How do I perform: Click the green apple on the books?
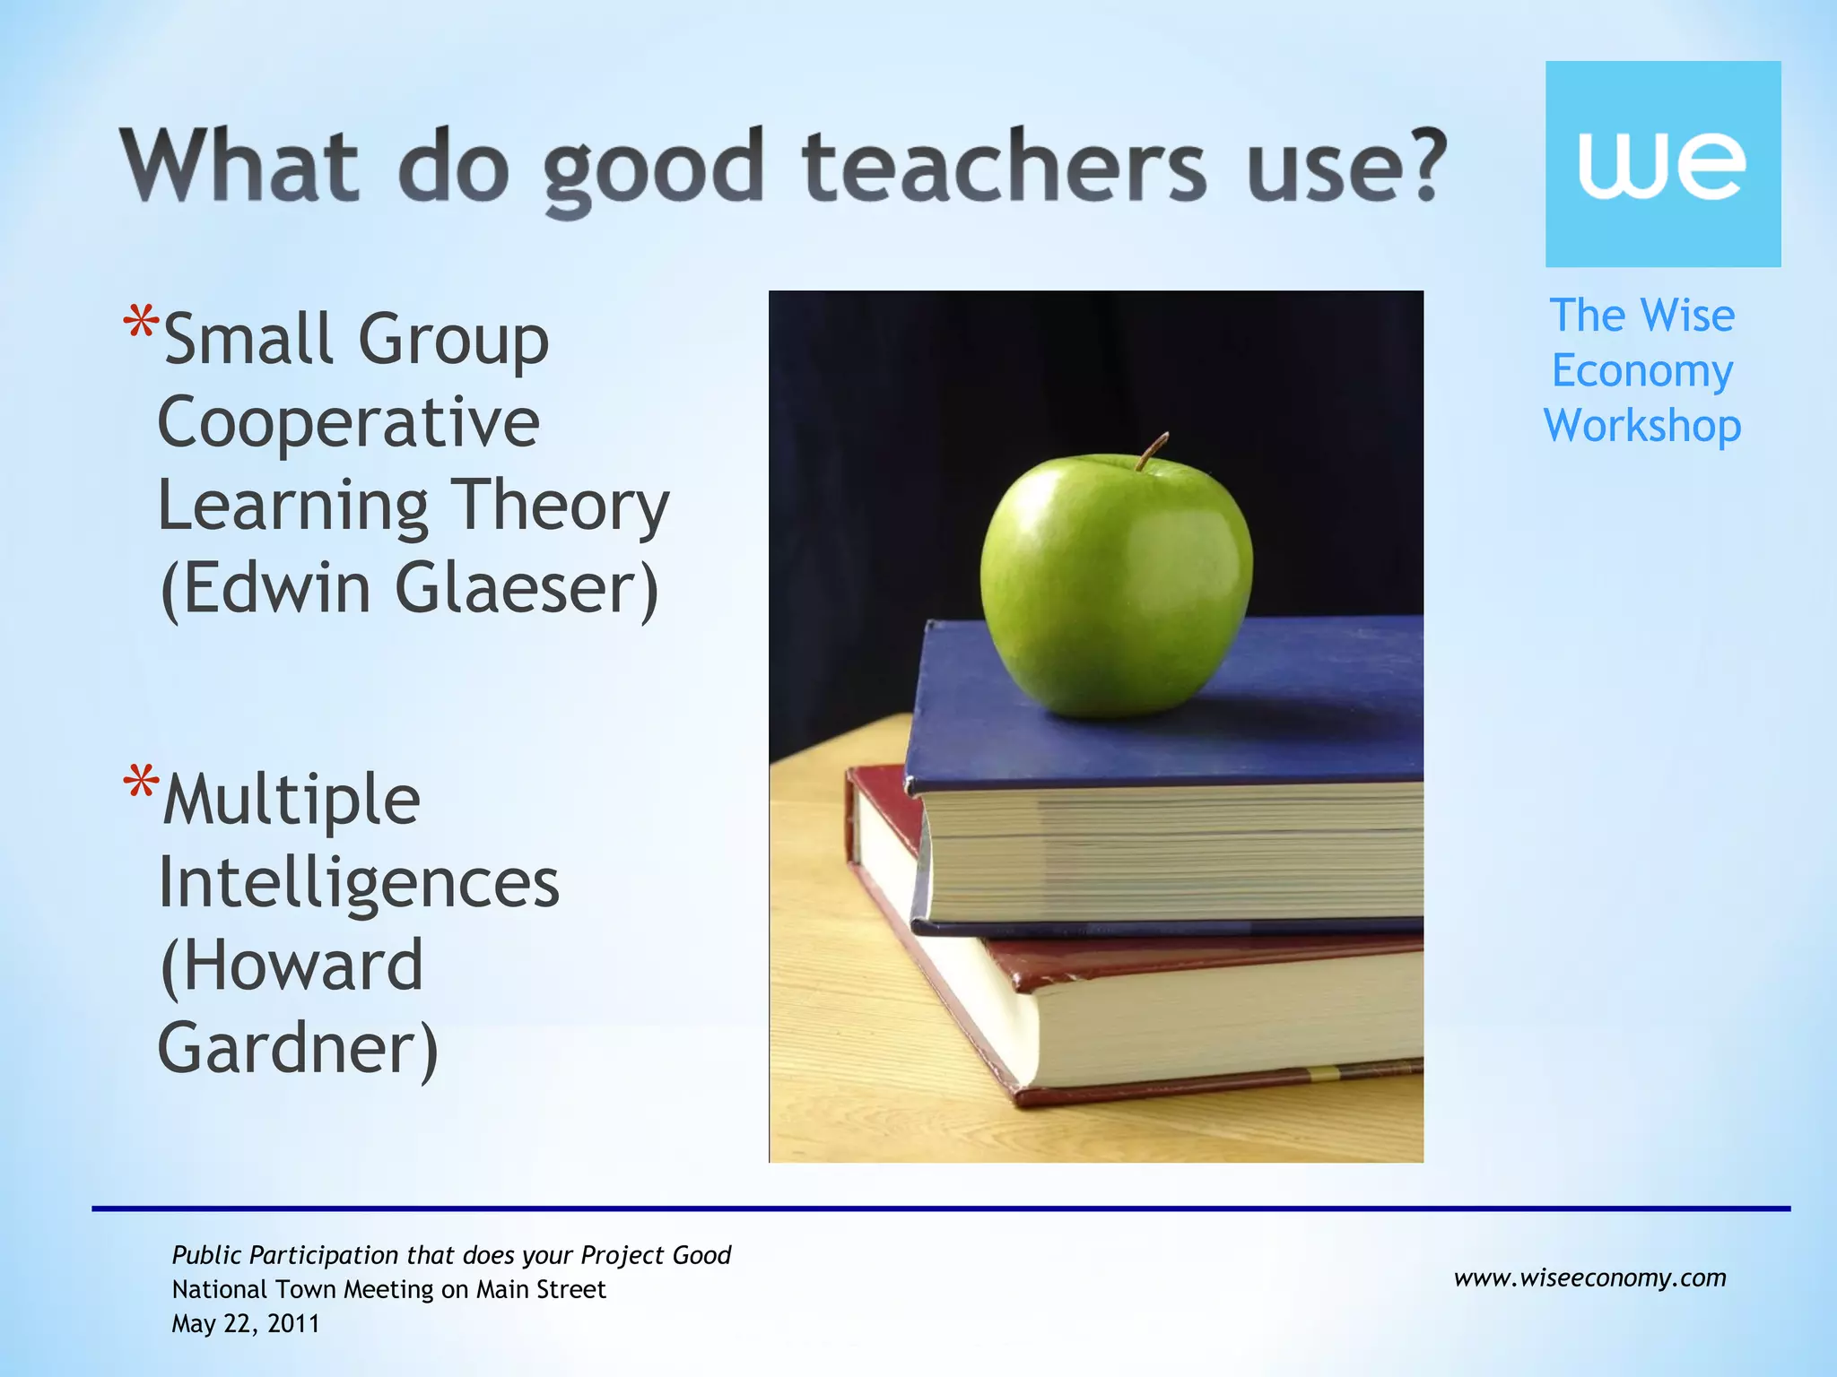coord(1116,587)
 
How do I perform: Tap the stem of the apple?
coord(1152,450)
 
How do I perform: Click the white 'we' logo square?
coord(1662,164)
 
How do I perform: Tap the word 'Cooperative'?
coord(349,423)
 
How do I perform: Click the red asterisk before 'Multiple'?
coord(142,782)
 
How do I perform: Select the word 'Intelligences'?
coord(359,884)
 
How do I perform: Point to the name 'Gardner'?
coord(288,1048)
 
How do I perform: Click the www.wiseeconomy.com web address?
coord(1589,1277)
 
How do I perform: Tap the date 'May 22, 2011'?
coord(246,1324)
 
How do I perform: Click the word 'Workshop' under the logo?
coord(1641,426)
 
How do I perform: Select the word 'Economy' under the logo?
coord(1641,371)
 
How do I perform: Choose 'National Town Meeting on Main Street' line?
coord(388,1289)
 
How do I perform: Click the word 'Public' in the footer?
coord(207,1256)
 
